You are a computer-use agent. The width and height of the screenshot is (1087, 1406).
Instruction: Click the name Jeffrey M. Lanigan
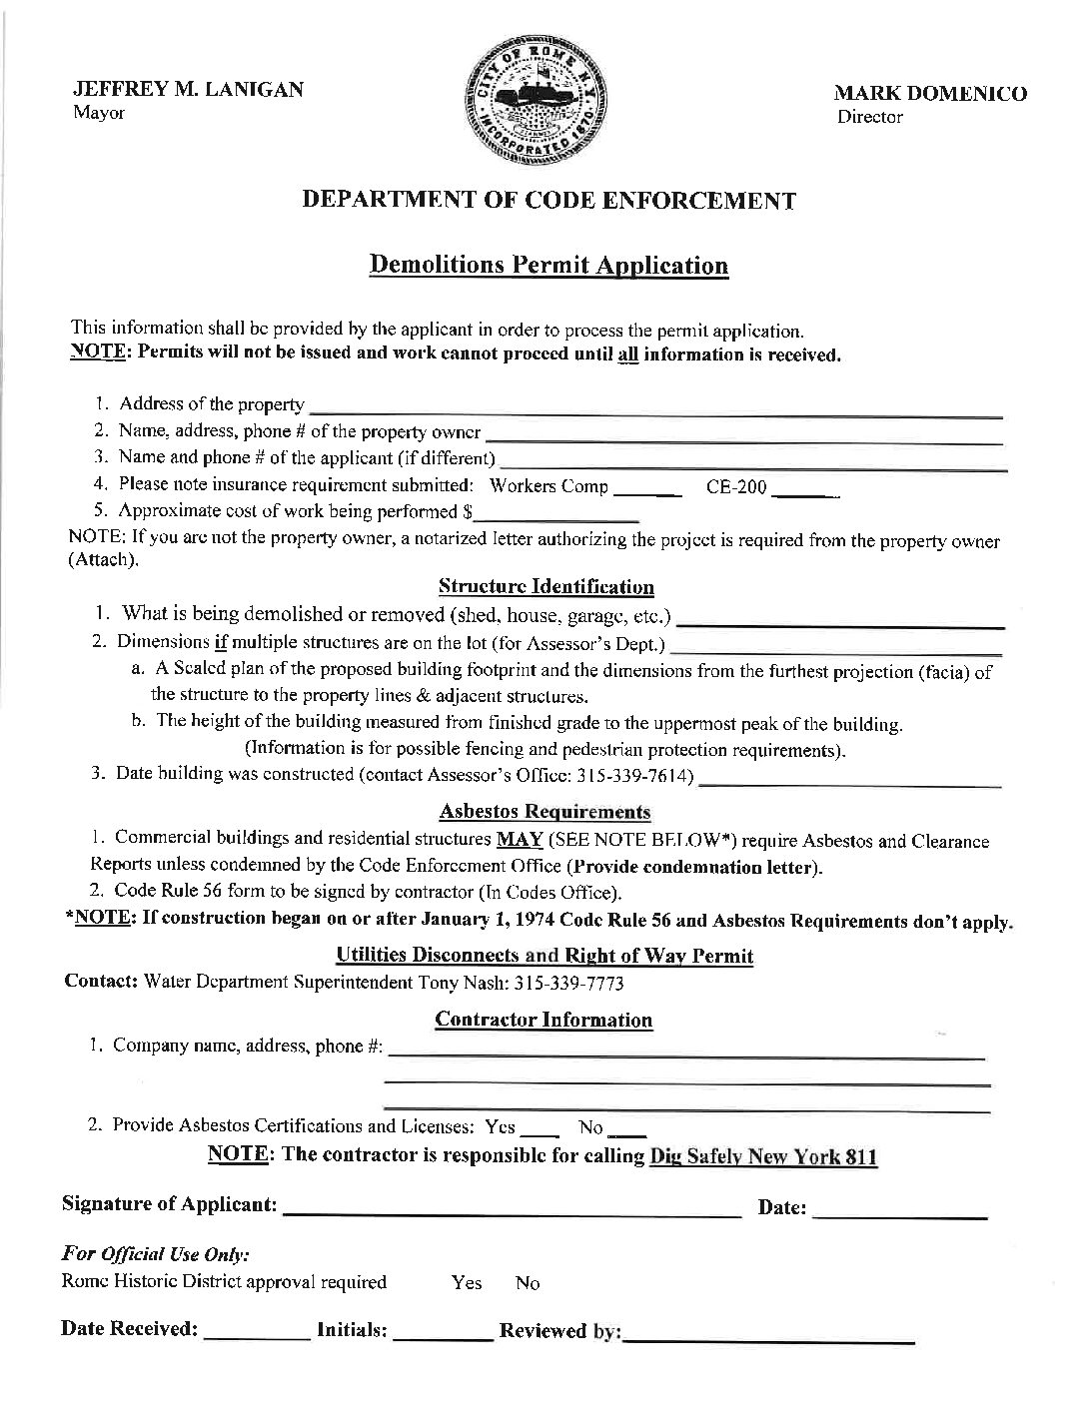point(188,89)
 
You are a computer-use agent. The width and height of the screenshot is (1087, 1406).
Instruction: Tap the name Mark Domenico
point(930,94)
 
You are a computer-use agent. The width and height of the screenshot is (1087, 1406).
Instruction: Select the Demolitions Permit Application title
point(548,266)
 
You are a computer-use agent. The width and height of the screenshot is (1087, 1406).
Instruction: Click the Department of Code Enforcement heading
point(549,201)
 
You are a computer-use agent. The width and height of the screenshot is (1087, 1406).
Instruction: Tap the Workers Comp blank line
point(646,490)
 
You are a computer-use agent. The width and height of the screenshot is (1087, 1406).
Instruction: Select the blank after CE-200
point(806,490)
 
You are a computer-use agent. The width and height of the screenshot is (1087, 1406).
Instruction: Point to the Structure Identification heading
point(546,587)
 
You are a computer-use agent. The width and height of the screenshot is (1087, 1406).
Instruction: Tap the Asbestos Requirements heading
point(544,812)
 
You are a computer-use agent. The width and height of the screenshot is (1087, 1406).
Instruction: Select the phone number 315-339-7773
point(568,984)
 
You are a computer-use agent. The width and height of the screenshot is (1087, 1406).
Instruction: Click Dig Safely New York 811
point(763,1156)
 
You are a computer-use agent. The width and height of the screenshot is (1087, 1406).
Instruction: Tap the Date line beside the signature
point(901,1212)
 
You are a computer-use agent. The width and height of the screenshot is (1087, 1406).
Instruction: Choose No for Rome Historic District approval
point(528,1283)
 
